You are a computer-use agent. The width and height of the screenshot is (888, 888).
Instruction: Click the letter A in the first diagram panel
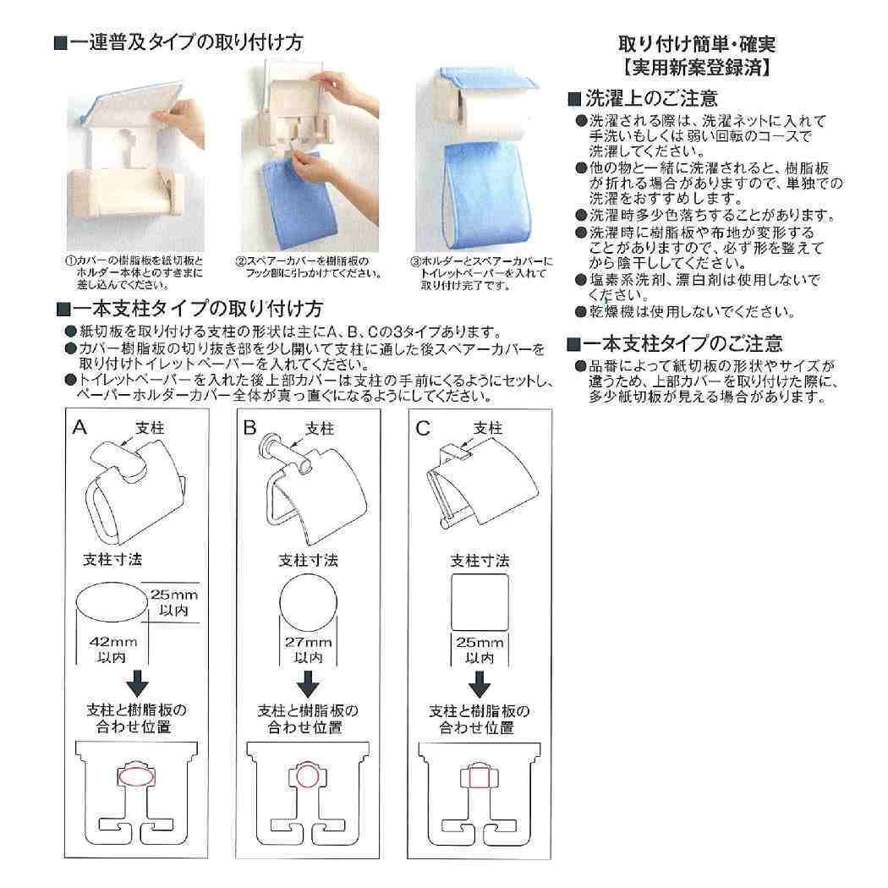(79, 428)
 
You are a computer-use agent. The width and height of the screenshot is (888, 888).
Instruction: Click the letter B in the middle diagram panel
(249, 428)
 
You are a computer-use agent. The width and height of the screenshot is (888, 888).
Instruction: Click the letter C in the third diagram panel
(424, 428)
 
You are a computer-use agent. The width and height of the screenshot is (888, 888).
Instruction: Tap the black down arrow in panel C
(480, 682)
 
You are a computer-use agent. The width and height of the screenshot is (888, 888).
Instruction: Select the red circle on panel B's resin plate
(306, 775)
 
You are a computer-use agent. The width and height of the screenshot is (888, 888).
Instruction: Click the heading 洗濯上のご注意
(651, 98)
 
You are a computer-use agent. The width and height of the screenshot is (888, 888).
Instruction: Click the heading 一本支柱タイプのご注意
(683, 343)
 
